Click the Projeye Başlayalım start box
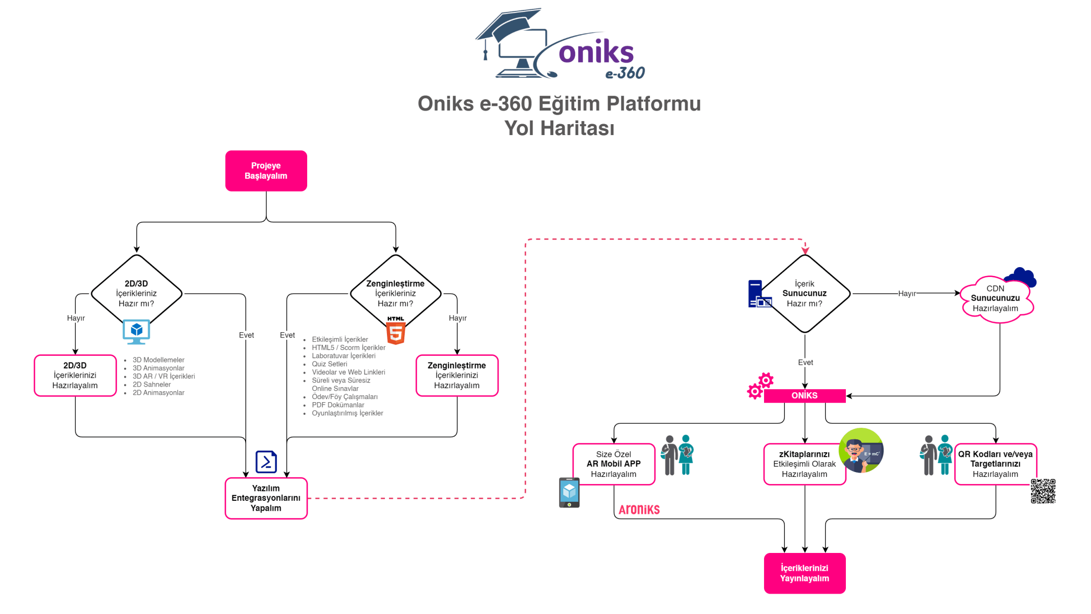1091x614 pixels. tap(266, 171)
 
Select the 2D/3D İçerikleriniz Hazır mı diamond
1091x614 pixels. tap(136, 293)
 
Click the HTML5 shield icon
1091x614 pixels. tap(396, 331)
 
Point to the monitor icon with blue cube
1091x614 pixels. tap(136, 331)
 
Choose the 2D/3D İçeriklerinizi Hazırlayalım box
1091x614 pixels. tap(75, 375)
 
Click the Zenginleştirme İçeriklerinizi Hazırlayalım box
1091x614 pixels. tap(457, 375)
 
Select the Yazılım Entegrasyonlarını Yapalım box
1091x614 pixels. tap(266, 498)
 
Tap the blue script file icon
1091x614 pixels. tap(266, 462)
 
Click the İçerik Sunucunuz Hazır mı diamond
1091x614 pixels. tap(805, 293)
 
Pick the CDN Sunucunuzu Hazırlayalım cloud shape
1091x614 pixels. tap(995, 299)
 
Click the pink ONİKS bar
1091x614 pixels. tap(805, 395)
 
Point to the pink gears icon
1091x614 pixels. tap(760, 386)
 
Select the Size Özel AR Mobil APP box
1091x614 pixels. tap(614, 464)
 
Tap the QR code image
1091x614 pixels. tap(1042, 491)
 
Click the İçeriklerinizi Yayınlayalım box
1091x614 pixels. tap(805, 573)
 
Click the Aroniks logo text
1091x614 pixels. tap(639, 510)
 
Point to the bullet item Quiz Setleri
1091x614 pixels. tap(329, 364)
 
